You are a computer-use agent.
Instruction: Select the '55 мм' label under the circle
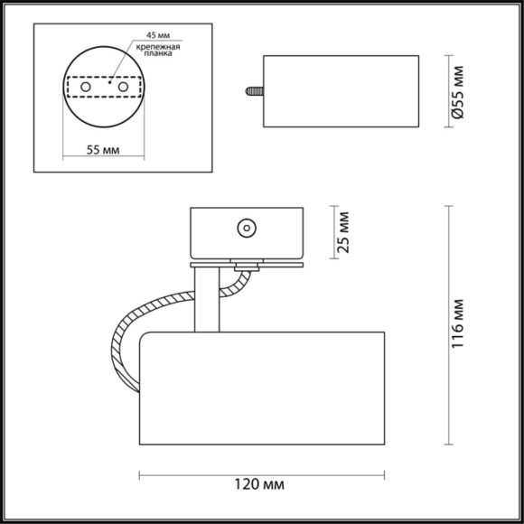pos(105,150)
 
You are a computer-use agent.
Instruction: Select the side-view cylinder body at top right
pos(341,91)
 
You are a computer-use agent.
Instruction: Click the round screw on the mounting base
pos(245,229)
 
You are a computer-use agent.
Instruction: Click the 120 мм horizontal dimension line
pos(199,474)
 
